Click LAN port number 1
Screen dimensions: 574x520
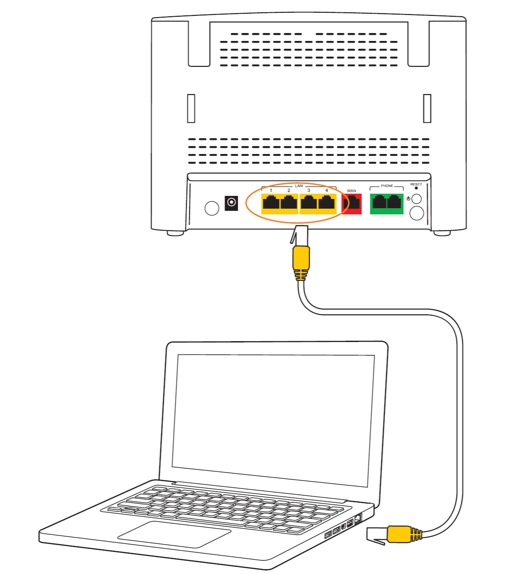(x=271, y=203)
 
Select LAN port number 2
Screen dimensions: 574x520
(x=289, y=203)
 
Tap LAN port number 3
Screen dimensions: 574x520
(x=309, y=203)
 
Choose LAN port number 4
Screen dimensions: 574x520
(x=327, y=203)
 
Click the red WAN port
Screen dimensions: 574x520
(x=352, y=204)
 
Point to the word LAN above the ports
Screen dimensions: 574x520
(x=299, y=186)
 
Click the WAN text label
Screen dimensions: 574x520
(x=351, y=191)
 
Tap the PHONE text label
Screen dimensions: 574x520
(x=387, y=186)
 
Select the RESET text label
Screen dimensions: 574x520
(x=416, y=184)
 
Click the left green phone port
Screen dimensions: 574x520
(x=379, y=203)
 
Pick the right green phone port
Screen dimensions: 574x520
(x=395, y=203)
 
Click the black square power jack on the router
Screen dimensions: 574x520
(x=231, y=203)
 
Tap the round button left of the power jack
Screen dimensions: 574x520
(x=212, y=208)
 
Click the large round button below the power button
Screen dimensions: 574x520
(x=417, y=213)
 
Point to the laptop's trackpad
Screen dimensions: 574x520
(x=174, y=534)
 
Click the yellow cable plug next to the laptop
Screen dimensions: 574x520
(x=398, y=534)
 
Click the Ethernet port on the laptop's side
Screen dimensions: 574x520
(x=358, y=518)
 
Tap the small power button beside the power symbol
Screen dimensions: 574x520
(x=417, y=199)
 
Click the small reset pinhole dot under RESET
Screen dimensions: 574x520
(x=416, y=188)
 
